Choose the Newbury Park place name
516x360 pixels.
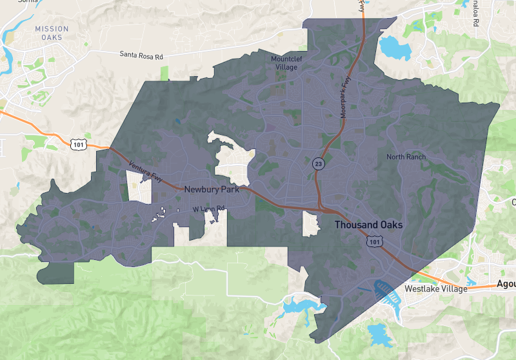pyautogui.click(x=212, y=190)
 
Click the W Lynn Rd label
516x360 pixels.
pyautogui.click(x=208, y=209)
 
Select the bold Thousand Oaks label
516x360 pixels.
pyautogui.click(x=368, y=225)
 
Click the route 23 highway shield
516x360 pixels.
pyautogui.click(x=318, y=164)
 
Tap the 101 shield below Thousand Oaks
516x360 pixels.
pyautogui.click(x=375, y=241)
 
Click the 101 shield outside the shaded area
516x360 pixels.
pyautogui.click(x=78, y=144)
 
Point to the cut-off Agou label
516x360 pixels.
pyautogui.click(x=506, y=285)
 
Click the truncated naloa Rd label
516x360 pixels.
pyautogui.click(x=475, y=13)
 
